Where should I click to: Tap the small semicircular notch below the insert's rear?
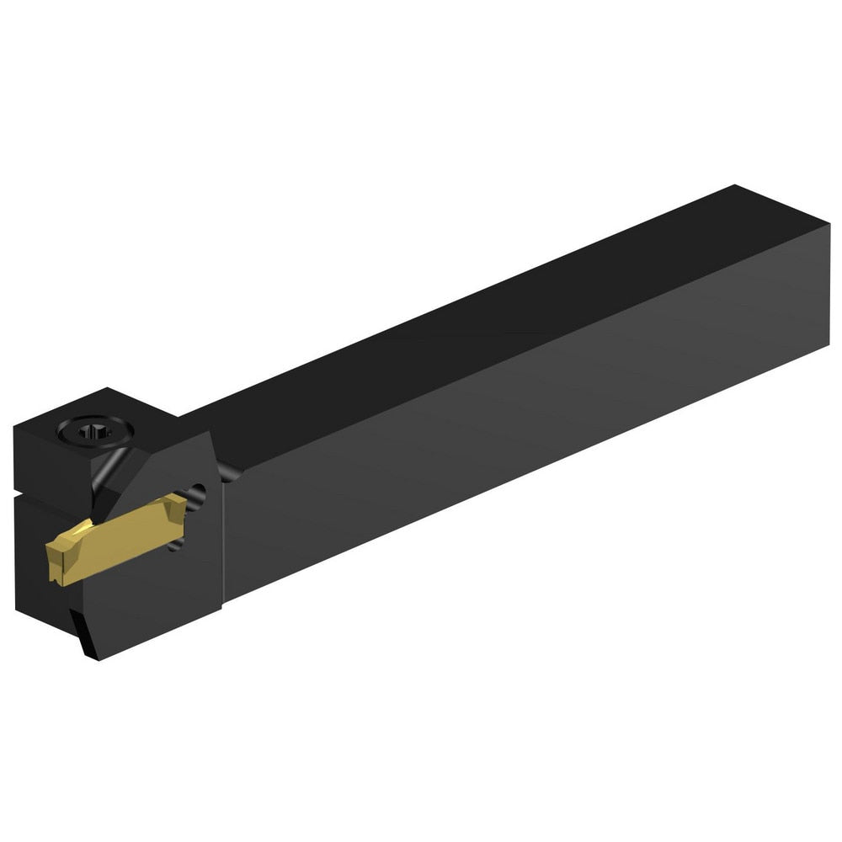[x=175, y=546]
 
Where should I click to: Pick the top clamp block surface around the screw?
[x=118, y=417]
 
